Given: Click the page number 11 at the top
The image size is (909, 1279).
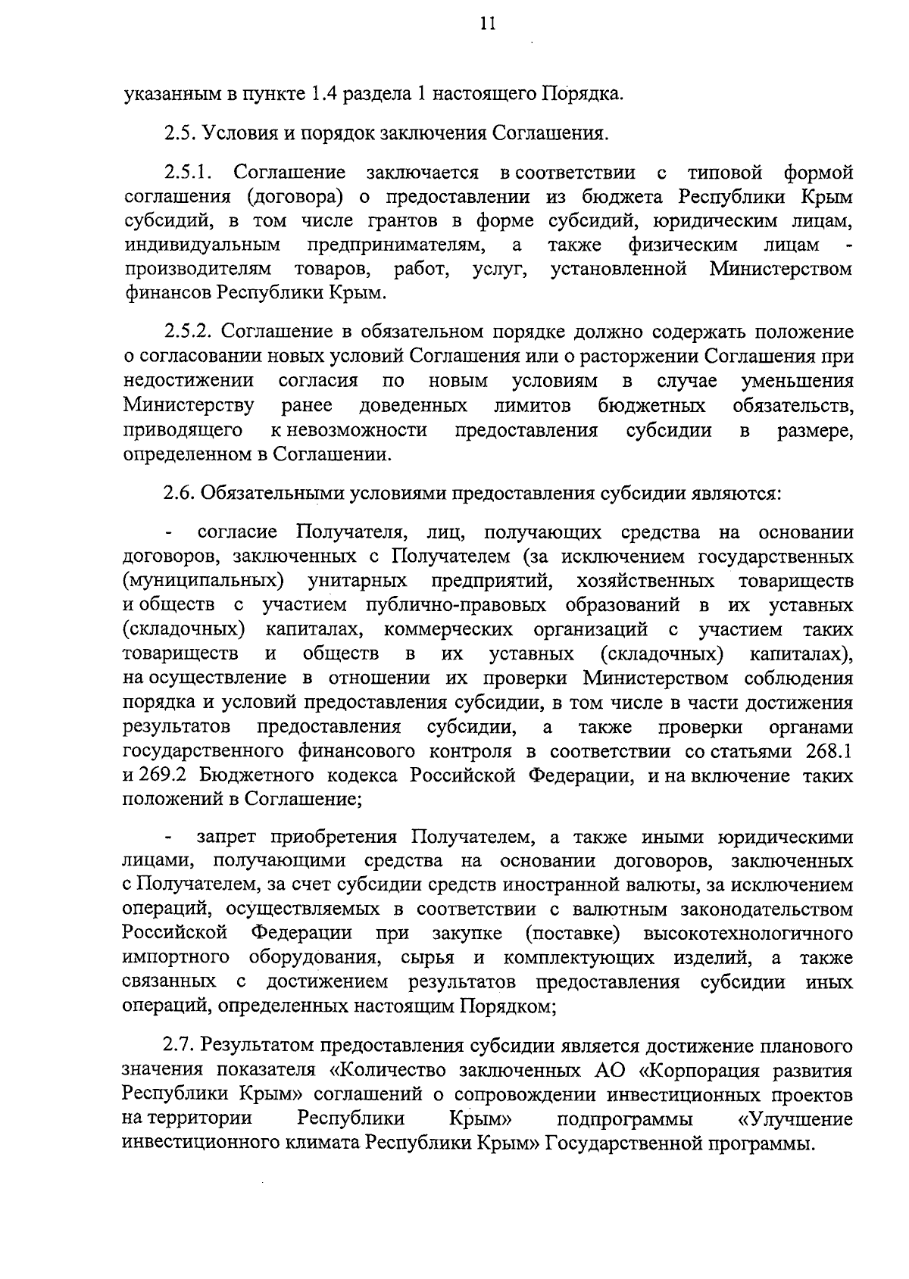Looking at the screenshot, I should point(487,24).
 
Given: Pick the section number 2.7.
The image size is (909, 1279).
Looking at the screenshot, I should point(179,1047).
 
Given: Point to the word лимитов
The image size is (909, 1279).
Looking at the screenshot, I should point(533,406).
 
